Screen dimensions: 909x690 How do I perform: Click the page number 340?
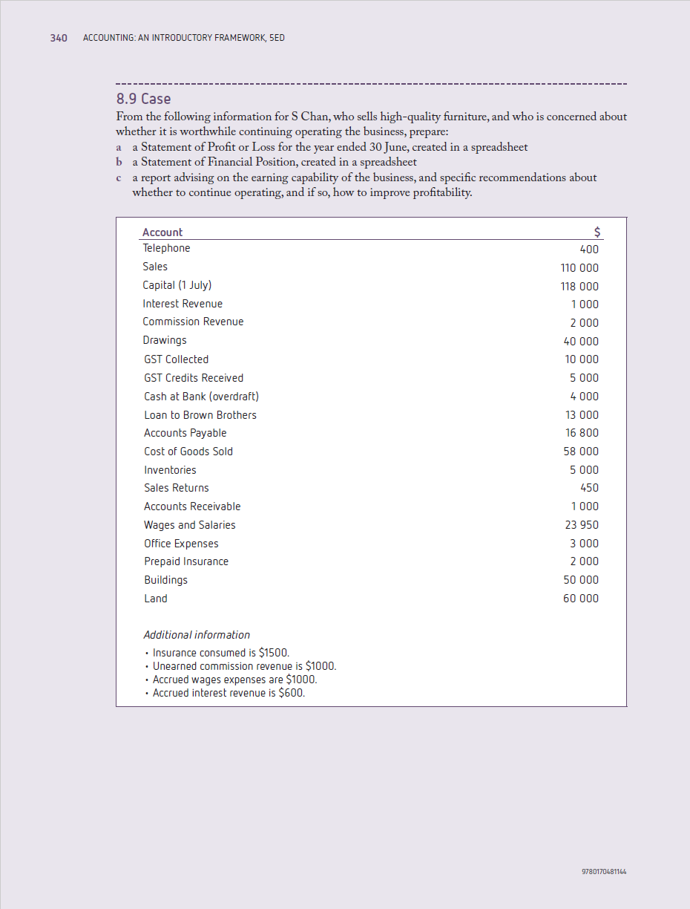pos(59,38)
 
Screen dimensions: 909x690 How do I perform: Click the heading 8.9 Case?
pos(143,99)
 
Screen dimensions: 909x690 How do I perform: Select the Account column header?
pos(162,232)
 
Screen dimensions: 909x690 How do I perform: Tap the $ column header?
pos(598,232)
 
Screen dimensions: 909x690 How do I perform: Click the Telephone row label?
pos(166,248)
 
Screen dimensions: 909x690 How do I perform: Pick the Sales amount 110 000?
pos(579,268)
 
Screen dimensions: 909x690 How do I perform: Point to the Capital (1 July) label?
pos(177,285)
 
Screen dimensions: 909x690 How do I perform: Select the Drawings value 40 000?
pos(582,342)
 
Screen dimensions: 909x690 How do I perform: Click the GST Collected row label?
pos(177,359)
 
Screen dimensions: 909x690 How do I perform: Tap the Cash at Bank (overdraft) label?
pos(201,397)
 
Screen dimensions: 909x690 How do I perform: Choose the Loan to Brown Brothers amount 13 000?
pos(582,415)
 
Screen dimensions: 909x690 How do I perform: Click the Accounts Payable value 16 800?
pos(582,433)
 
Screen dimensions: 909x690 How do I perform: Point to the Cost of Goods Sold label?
pos(188,452)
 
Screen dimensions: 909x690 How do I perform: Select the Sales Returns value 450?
pos(589,488)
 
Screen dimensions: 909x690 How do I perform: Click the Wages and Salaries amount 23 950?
pos(582,525)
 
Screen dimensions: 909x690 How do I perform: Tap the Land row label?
pos(156,599)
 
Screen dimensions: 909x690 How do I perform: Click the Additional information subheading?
pos(197,635)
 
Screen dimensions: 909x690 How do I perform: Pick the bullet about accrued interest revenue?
pos(229,694)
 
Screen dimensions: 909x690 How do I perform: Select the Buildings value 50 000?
pos(582,580)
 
